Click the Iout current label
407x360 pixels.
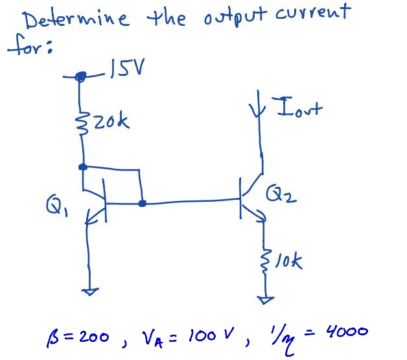[x=299, y=108]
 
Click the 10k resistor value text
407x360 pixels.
[x=289, y=263]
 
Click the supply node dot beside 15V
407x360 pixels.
[x=80, y=77]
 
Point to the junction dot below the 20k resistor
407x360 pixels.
[x=82, y=167]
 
